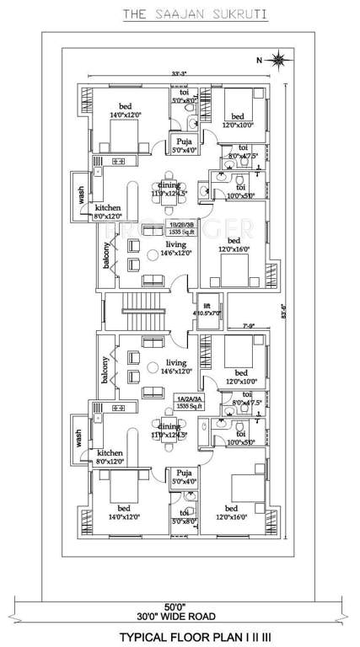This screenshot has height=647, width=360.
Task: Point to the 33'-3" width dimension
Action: (178, 73)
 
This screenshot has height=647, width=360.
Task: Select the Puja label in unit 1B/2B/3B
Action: (184, 146)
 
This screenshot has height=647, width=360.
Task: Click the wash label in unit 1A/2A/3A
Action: (78, 437)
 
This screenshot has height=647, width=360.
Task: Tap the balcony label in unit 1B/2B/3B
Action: (107, 255)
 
